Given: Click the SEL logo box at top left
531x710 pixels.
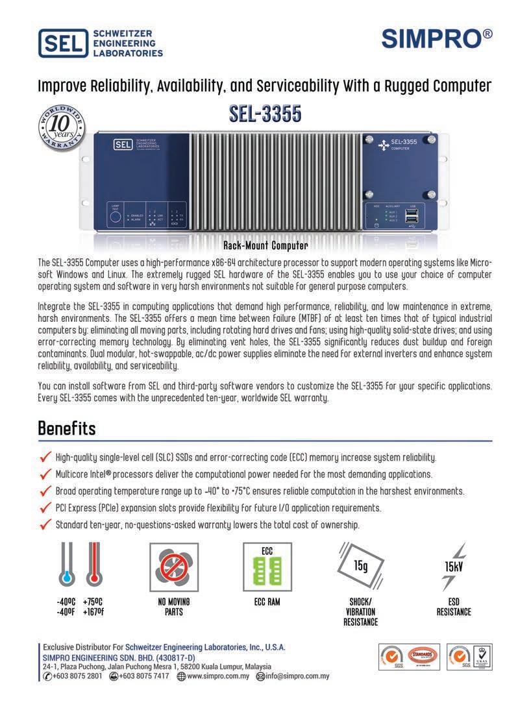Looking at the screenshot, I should [63, 43].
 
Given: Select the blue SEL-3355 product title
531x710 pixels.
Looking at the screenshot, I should [265, 114].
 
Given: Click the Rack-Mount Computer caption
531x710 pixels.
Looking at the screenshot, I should [265, 247].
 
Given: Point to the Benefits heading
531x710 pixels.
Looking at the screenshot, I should [67, 429].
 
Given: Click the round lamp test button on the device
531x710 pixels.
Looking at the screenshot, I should [115, 217].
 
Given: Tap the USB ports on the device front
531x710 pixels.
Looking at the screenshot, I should [412, 219].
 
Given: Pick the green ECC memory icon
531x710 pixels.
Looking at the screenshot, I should [267, 567].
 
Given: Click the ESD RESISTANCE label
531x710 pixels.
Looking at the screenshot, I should [454, 607].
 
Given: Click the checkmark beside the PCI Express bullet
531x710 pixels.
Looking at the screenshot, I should [45, 508].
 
